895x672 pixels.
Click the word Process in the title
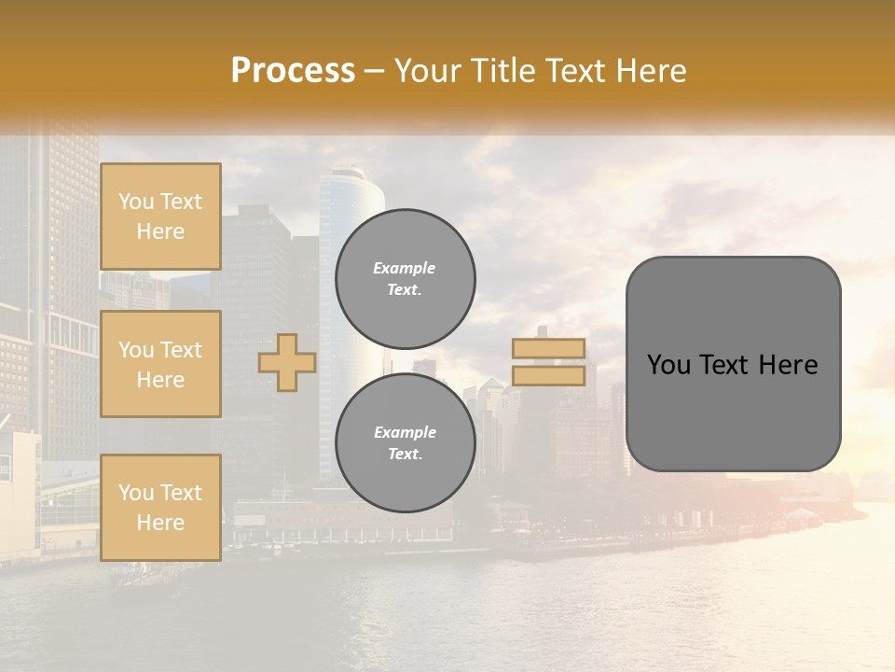pyautogui.click(x=293, y=71)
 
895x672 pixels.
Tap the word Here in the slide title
pyautogui.click(x=648, y=71)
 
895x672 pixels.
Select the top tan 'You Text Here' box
pyautogui.click(x=160, y=217)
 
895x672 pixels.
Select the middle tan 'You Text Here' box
pyautogui.click(x=160, y=364)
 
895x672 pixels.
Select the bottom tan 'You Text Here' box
pyautogui.click(x=160, y=507)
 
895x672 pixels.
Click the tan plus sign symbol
pyautogui.click(x=287, y=362)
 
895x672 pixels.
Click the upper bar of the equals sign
pyautogui.click(x=548, y=349)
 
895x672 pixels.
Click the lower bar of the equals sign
pyautogui.click(x=548, y=375)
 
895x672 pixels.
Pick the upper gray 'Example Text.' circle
pyautogui.click(x=406, y=278)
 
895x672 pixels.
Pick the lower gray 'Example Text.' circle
pyautogui.click(x=406, y=442)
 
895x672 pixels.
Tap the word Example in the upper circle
pyautogui.click(x=405, y=268)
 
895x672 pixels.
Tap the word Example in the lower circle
pyautogui.click(x=405, y=432)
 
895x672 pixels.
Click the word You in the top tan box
pyautogui.click(x=136, y=202)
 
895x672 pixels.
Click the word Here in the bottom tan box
pyautogui.click(x=160, y=523)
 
